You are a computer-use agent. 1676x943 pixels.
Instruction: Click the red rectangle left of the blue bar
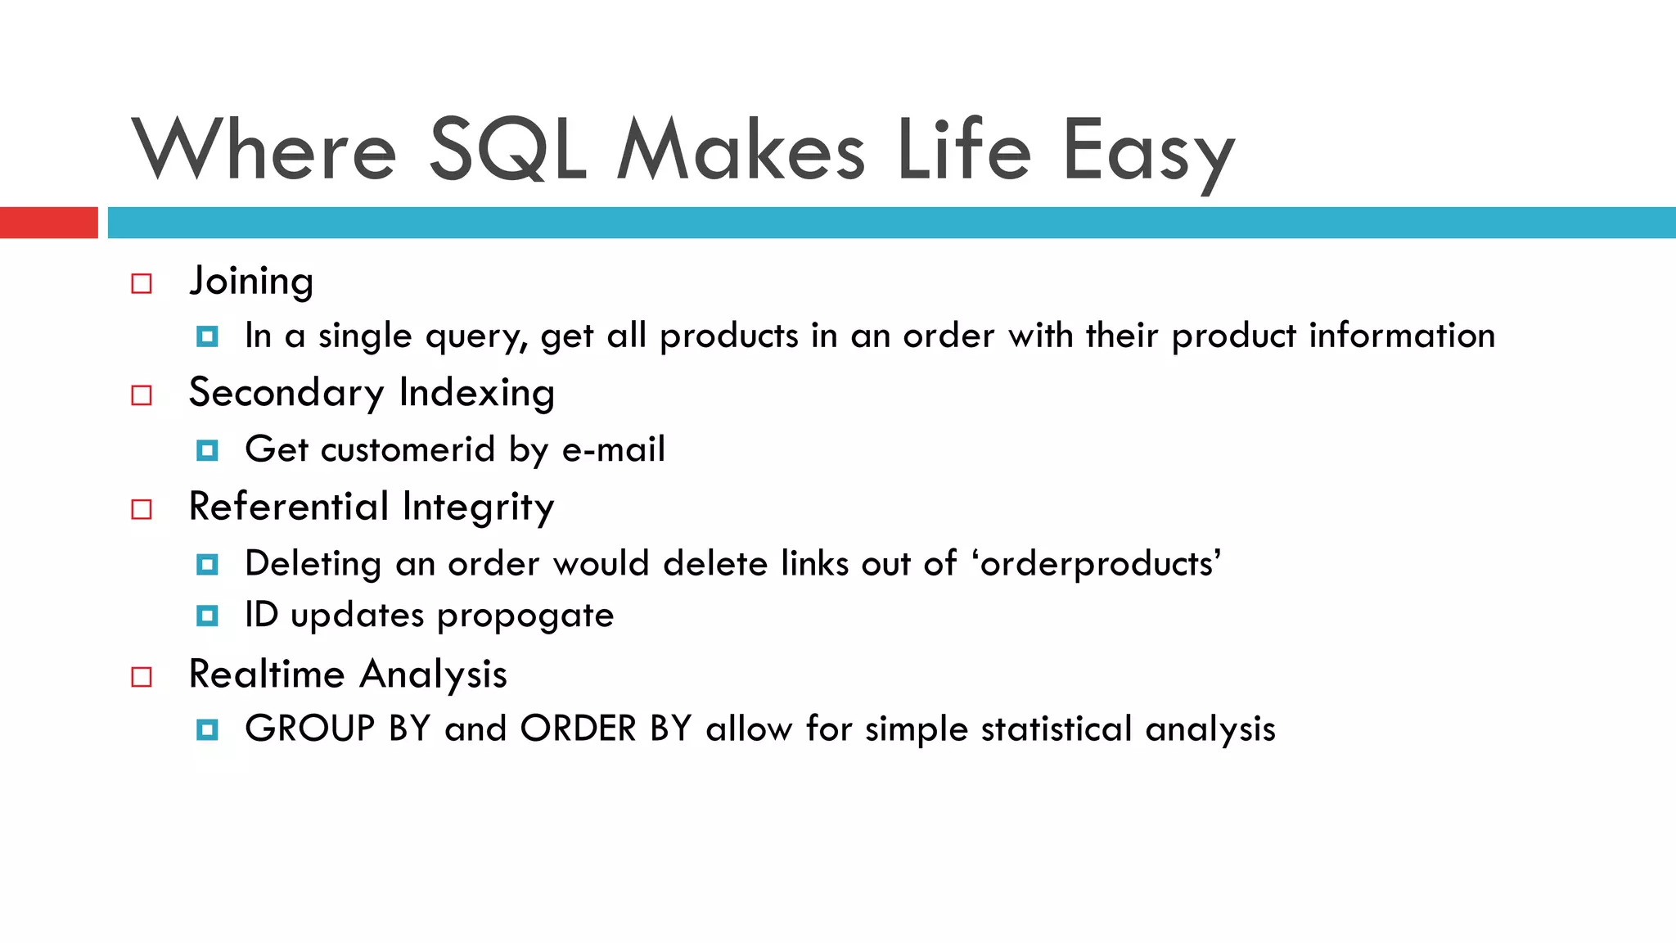click(48, 223)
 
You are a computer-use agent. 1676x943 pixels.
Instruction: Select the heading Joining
click(251, 282)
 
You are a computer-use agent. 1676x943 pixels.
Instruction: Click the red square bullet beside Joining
click(142, 284)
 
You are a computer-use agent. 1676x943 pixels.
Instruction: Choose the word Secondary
click(286, 393)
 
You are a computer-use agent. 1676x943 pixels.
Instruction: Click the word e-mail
click(613, 449)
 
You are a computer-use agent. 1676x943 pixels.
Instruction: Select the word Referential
click(288, 507)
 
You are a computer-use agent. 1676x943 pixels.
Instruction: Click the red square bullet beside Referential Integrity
click(142, 510)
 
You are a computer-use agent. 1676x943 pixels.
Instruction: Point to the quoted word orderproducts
click(1097, 564)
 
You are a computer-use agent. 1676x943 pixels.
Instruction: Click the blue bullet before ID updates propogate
click(207, 616)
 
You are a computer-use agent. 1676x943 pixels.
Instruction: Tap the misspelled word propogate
click(525, 616)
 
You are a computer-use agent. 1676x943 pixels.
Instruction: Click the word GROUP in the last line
click(309, 729)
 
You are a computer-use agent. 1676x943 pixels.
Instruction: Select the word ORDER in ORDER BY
click(578, 729)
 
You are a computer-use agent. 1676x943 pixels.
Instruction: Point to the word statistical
click(1057, 729)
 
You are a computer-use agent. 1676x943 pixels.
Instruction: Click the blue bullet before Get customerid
click(207, 450)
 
